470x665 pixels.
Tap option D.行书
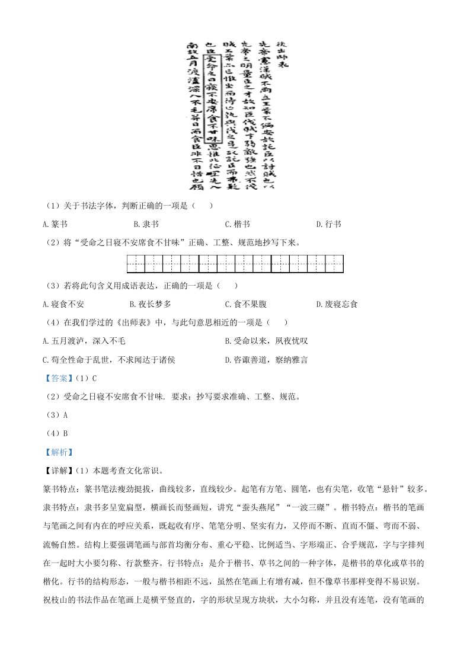(x=328, y=225)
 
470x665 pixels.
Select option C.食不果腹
(x=246, y=304)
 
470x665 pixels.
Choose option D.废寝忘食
(x=337, y=304)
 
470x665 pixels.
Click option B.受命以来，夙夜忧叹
(x=266, y=341)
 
